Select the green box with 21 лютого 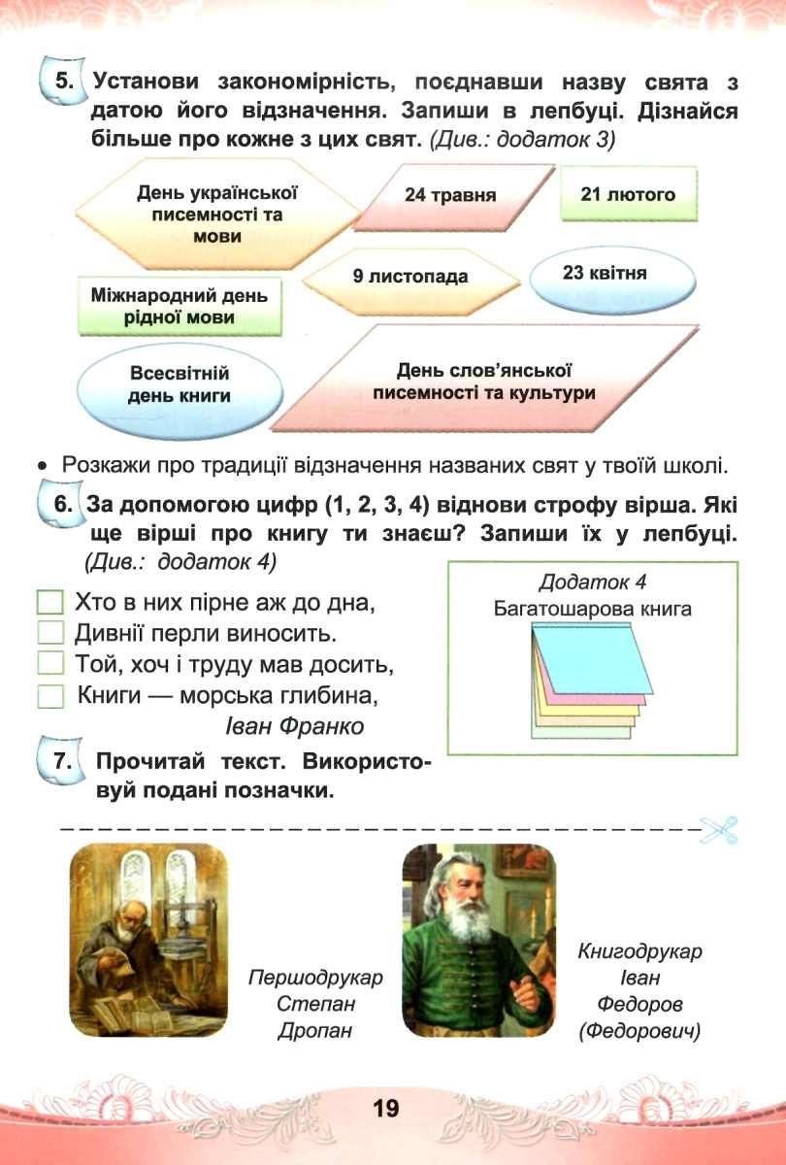tap(629, 194)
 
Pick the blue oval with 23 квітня tap(612, 280)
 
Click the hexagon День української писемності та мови tap(217, 215)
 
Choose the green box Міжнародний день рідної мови tap(180, 307)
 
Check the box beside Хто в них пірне tap(49, 602)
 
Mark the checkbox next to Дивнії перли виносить tap(49, 633)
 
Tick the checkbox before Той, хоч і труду tap(49, 664)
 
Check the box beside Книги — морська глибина tap(49, 695)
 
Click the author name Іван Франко tap(294, 726)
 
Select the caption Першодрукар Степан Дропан tap(315, 1003)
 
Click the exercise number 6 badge tap(60, 504)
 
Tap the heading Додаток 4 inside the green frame tap(592, 582)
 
